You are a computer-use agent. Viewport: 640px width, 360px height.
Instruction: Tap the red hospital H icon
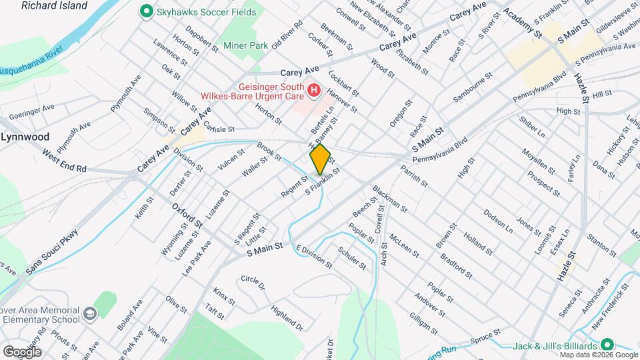(313, 89)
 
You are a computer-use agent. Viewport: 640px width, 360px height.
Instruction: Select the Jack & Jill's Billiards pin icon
(607, 345)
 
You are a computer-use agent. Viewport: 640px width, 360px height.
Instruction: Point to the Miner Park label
(246, 46)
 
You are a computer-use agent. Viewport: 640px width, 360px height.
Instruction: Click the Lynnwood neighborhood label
(26, 137)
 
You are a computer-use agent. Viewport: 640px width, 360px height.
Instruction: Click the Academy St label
(522, 21)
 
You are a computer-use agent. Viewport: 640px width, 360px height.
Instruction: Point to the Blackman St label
(390, 199)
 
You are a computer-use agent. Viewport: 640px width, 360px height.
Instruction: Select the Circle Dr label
(253, 283)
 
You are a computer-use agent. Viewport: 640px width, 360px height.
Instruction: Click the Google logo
(22, 351)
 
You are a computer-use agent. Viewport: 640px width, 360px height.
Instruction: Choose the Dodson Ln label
(498, 223)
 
